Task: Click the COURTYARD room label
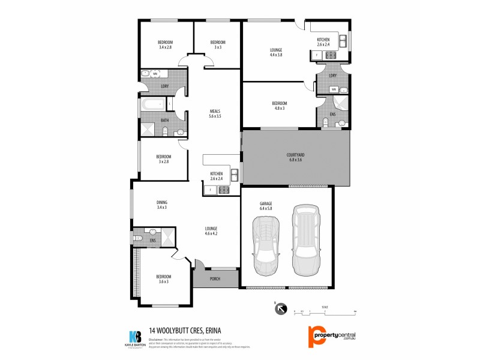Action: click(x=295, y=157)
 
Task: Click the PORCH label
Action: click(x=214, y=278)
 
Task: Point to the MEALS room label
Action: click(x=215, y=113)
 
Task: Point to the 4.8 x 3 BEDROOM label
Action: click(x=280, y=106)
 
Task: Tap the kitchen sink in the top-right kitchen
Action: click(x=343, y=41)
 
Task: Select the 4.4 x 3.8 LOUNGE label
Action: click(x=276, y=52)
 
